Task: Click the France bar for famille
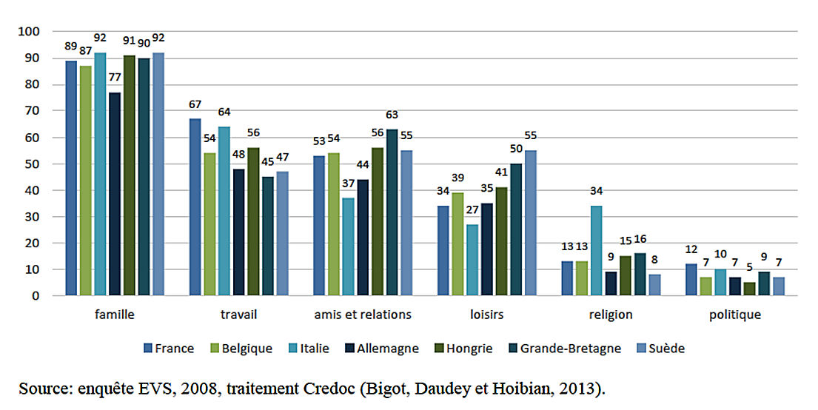pyautogui.click(x=71, y=178)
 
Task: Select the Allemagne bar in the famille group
pyautogui.click(x=114, y=194)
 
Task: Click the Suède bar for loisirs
pyautogui.click(x=530, y=223)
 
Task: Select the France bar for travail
pyautogui.click(x=195, y=207)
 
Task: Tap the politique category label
pyautogui.click(x=734, y=315)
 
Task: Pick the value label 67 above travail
pyautogui.click(x=195, y=104)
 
